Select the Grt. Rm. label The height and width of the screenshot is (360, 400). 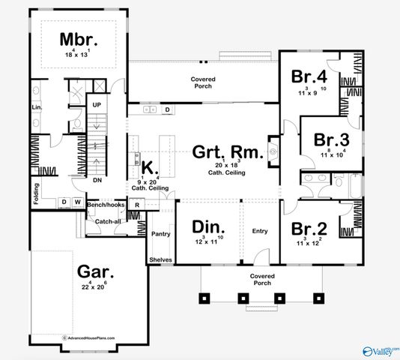[x=228, y=153]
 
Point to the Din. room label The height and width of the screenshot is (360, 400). [x=207, y=226]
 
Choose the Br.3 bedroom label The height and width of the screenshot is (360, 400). [x=332, y=140]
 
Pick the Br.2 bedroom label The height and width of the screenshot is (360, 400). [x=309, y=229]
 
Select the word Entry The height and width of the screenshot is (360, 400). [x=260, y=231]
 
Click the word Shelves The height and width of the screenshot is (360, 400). [x=161, y=259]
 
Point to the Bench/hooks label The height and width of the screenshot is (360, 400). [x=106, y=204]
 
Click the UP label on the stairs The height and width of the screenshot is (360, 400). [x=97, y=104]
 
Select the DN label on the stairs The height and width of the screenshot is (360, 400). [x=97, y=181]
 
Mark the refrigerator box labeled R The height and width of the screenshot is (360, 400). [x=137, y=205]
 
